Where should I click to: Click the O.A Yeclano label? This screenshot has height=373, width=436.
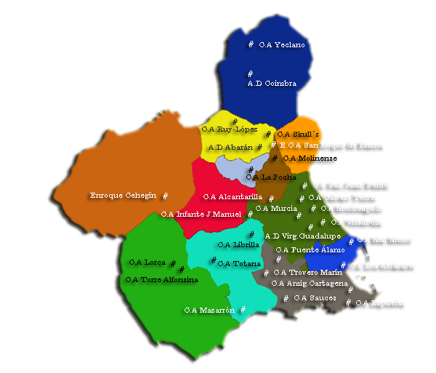click(x=282, y=45)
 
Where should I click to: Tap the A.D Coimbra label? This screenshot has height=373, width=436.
click(x=272, y=84)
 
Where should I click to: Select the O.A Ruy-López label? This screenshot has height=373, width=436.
click(x=230, y=129)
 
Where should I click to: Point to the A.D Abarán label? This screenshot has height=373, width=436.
click(x=231, y=147)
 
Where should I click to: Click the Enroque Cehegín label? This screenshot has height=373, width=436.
click(x=123, y=196)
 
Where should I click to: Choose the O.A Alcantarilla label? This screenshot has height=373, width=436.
click(x=233, y=196)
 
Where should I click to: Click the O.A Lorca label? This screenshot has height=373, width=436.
click(x=147, y=262)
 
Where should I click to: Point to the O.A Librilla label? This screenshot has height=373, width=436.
click(x=232, y=244)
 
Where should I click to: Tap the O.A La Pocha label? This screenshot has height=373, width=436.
click(x=271, y=177)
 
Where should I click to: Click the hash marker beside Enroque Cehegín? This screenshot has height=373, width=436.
click(x=165, y=196)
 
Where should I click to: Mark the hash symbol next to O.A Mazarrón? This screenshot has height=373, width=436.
click(x=243, y=309)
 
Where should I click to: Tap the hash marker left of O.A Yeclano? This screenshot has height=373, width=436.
click(x=251, y=44)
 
